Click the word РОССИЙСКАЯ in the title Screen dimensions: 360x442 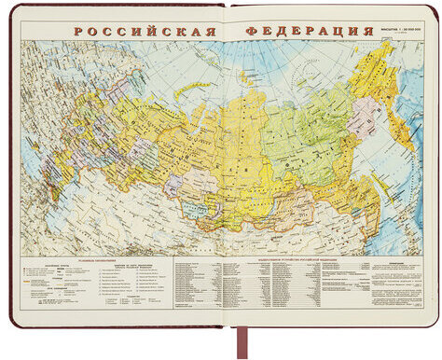(145, 30)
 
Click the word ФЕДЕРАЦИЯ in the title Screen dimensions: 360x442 (303, 30)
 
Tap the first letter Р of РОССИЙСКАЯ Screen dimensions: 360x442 (80, 30)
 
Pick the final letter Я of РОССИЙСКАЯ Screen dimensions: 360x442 (212, 30)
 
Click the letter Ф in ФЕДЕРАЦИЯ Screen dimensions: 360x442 (252, 30)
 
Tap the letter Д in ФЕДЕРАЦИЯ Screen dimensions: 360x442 (278, 30)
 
